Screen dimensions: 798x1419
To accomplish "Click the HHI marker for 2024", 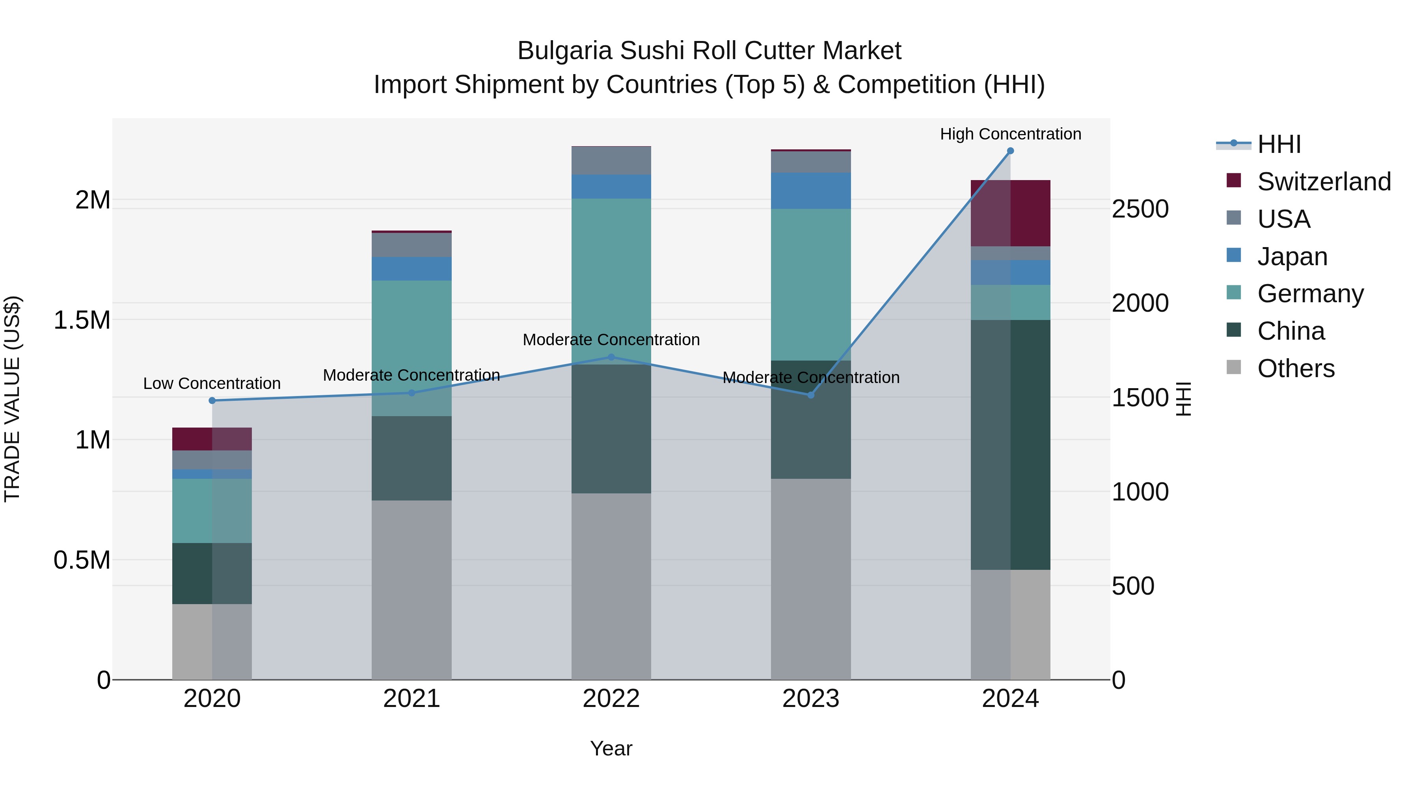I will pyautogui.click(x=1010, y=151).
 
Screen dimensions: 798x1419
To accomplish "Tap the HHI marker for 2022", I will pyautogui.click(x=611, y=357).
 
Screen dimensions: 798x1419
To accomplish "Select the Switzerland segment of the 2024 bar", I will pyautogui.click(x=1010, y=213).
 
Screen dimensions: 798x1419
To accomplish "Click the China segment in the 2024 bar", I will pyautogui.click(x=1010, y=445).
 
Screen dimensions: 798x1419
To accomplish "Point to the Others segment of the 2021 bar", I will pyautogui.click(x=412, y=589).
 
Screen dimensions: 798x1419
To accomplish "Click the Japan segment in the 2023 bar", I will pyautogui.click(x=810, y=191).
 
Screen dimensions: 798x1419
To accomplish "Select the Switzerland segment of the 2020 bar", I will pyautogui.click(x=212, y=439).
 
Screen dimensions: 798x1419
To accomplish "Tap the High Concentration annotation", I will pyautogui.click(x=1010, y=134).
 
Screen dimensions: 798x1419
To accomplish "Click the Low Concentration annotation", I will pyautogui.click(x=212, y=383).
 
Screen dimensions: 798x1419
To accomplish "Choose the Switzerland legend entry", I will pyautogui.click(x=1324, y=182).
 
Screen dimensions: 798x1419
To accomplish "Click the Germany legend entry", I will pyautogui.click(x=1310, y=294).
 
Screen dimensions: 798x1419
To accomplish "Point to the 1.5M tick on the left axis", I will pyautogui.click(x=82, y=320).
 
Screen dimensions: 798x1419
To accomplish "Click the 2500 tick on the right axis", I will pyautogui.click(x=1140, y=209).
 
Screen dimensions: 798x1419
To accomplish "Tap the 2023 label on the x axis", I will pyautogui.click(x=810, y=699).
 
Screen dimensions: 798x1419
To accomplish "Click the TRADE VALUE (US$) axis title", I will pyautogui.click(x=12, y=399).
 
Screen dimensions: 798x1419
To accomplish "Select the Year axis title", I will pyautogui.click(x=611, y=748).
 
